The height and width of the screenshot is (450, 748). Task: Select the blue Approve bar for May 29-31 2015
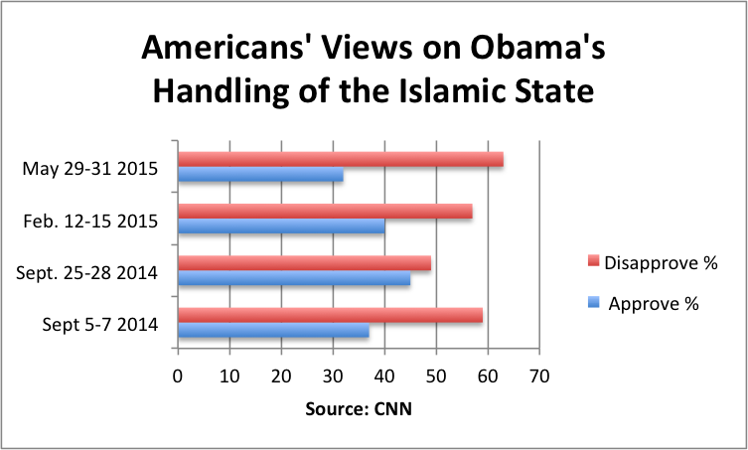coord(260,175)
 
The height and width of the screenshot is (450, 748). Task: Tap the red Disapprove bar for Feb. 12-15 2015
coord(325,212)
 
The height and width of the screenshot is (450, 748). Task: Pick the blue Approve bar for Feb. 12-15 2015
coord(281,227)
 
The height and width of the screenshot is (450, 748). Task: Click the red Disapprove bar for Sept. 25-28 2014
coord(304,264)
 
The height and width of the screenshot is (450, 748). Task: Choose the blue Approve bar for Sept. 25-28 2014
coord(294,280)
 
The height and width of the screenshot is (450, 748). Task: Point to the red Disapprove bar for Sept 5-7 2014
coord(330,316)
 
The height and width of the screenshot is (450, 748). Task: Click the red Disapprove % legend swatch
coord(594,260)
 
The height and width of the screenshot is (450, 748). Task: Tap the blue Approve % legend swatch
coord(594,304)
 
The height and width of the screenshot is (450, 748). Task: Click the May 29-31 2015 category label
coord(91,168)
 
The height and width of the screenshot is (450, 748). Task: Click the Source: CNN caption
coord(359,410)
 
